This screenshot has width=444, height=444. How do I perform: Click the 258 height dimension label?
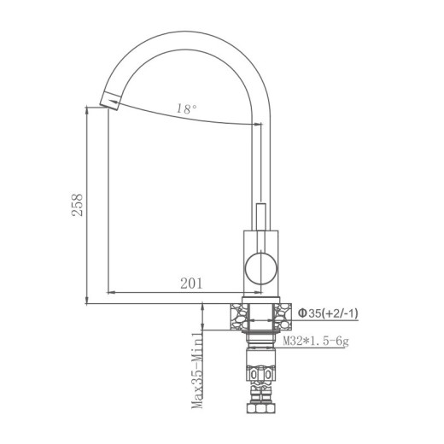click(78, 205)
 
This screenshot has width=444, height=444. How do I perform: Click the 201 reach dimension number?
click(191, 283)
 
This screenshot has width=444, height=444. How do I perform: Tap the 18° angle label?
click(186, 109)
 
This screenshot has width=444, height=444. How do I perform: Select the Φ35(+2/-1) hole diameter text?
click(328, 314)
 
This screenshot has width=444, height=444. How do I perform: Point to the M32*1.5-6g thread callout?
click(316, 342)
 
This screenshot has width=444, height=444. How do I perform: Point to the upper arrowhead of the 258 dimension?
click(89, 110)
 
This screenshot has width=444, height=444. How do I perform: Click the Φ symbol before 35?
click(301, 314)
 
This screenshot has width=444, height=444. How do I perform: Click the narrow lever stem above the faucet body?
click(260, 217)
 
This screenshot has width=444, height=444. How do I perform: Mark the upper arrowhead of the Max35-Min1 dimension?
click(202, 309)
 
